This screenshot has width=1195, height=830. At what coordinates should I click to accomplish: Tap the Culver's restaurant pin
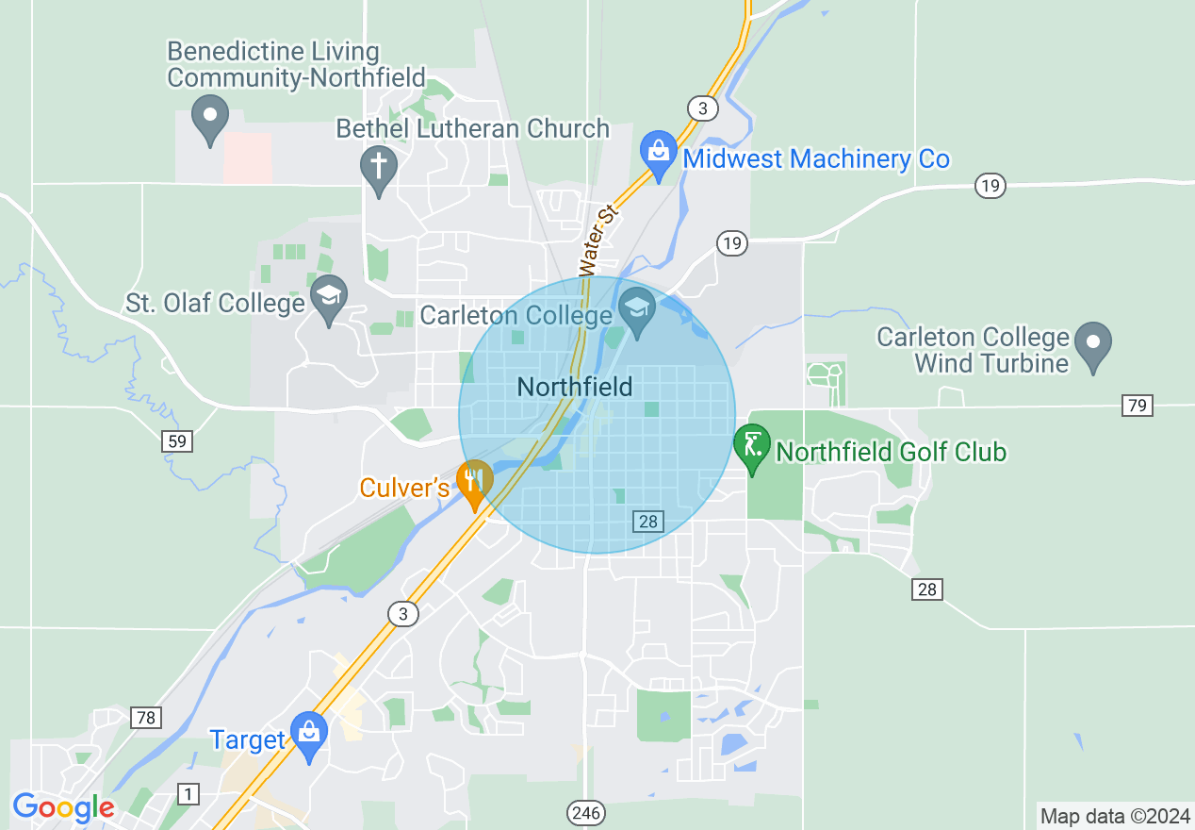click(x=474, y=481)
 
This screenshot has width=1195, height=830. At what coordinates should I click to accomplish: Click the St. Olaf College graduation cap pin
click(x=329, y=297)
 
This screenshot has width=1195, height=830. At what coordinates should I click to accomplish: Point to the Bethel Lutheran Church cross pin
click(x=379, y=168)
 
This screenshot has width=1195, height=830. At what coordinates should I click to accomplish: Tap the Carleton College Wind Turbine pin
click(x=1093, y=343)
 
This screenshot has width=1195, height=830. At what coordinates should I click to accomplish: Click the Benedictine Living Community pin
click(x=210, y=118)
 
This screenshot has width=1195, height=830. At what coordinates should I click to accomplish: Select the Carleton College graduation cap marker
click(x=636, y=309)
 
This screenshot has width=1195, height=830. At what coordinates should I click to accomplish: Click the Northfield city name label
click(x=575, y=386)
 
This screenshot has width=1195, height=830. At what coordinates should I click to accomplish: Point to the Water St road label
click(x=597, y=240)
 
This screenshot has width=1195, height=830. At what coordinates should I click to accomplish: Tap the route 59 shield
click(x=177, y=440)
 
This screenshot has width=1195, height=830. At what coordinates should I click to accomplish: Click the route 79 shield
click(x=1138, y=406)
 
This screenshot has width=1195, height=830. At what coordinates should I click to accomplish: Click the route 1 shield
click(x=188, y=794)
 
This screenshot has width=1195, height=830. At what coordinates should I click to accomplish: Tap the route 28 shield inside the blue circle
click(x=648, y=521)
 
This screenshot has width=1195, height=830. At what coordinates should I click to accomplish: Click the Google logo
click(x=63, y=807)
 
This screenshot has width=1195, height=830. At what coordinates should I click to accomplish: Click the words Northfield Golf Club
click(x=891, y=452)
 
